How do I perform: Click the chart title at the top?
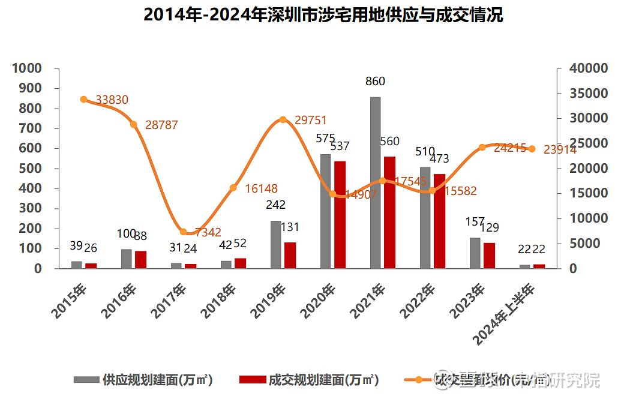point(323,15)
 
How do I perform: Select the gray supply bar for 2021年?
point(375,182)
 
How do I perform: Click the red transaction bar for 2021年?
point(389,212)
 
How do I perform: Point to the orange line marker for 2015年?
point(83,100)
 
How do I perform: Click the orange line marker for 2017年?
point(184,232)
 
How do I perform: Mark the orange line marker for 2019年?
point(283,120)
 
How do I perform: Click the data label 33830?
point(112,100)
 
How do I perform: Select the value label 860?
point(375,82)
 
